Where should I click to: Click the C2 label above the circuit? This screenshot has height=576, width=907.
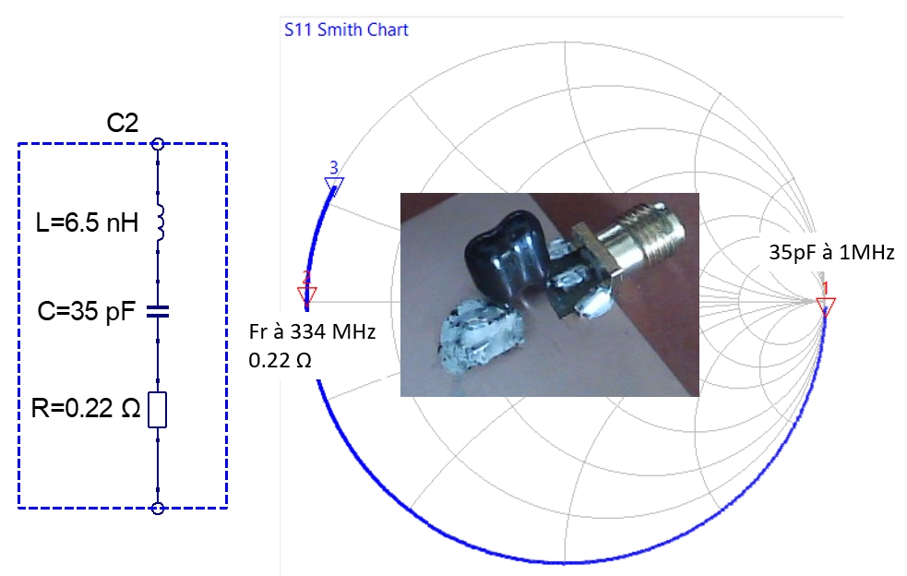click(123, 123)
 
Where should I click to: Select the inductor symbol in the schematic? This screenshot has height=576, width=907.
click(161, 222)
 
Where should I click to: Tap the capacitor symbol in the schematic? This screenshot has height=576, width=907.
click(158, 312)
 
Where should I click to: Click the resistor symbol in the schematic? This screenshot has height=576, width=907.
click(158, 410)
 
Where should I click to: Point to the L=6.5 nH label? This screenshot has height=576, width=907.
click(87, 222)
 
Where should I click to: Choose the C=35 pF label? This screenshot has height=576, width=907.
click(87, 311)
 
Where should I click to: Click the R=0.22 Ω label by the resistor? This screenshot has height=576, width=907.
click(86, 408)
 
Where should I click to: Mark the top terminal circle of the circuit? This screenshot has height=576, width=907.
click(158, 144)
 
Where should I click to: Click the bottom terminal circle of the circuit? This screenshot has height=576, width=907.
click(158, 509)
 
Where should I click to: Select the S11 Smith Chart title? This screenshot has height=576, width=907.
click(346, 30)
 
